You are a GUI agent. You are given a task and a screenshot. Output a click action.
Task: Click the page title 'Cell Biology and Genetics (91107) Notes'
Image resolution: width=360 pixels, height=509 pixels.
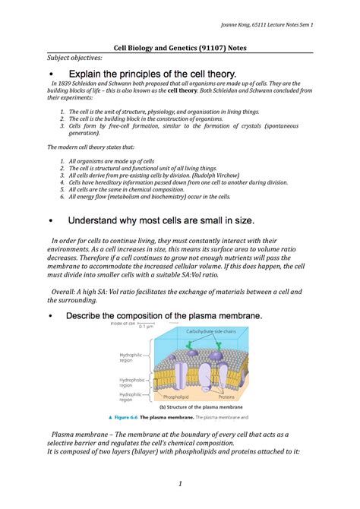179,48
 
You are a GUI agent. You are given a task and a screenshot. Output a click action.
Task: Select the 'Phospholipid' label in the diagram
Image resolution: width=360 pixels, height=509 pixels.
175,397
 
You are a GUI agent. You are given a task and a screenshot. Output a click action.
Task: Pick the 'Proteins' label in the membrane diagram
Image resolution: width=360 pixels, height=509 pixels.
227,397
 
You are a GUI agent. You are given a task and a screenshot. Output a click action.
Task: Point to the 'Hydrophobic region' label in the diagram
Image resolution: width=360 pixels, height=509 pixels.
131,382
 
